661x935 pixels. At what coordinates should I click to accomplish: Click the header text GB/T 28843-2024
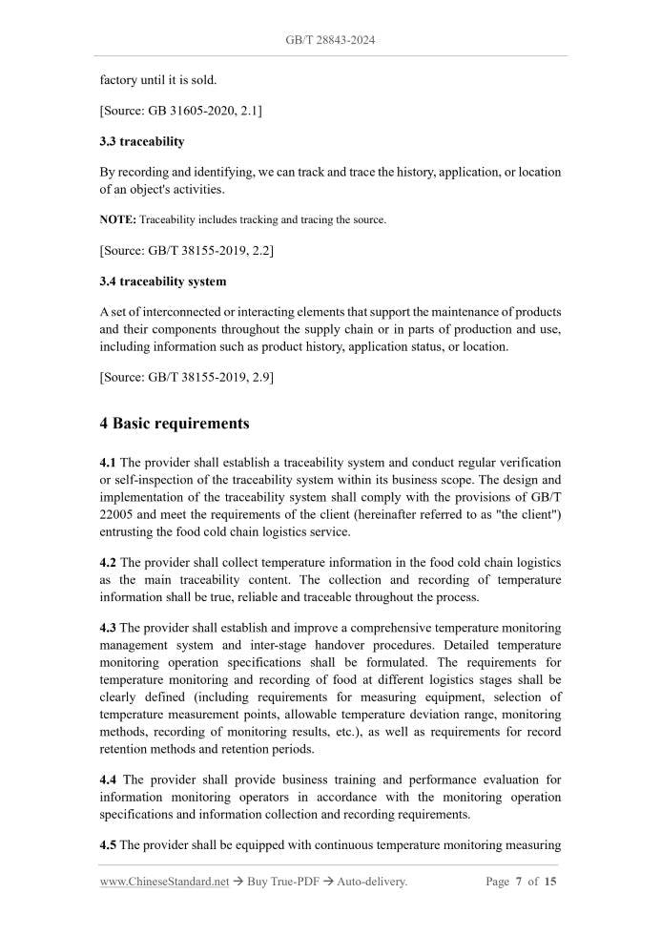tap(330, 41)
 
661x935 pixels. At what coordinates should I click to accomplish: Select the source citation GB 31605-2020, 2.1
tap(181, 112)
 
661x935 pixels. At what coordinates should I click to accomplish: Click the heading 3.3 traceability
tap(142, 141)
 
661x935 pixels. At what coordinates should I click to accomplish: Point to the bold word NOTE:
tap(118, 219)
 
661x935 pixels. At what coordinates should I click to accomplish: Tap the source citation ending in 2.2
tap(187, 250)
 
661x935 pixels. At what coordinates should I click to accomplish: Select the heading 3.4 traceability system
tap(163, 281)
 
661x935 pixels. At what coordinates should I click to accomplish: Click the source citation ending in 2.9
tap(187, 378)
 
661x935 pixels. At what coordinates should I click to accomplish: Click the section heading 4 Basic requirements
tap(175, 423)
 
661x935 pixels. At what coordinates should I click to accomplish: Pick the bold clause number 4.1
tap(108, 463)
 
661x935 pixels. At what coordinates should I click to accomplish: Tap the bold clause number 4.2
tap(108, 563)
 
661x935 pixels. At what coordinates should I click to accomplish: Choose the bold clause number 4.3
tap(108, 628)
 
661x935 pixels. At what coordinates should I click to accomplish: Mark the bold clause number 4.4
tap(108, 779)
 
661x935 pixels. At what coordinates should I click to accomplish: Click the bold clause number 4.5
tap(108, 844)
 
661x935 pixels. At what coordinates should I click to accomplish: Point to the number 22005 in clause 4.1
tap(118, 515)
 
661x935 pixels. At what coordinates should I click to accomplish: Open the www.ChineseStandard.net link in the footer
tap(164, 882)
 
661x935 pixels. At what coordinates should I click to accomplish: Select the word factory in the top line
tap(119, 80)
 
